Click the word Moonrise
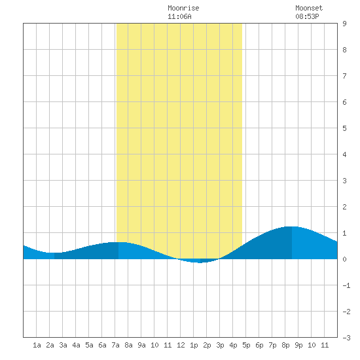click(x=183, y=8)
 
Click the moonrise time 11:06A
click(x=179, y=16)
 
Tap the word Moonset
click(x=309, y=8)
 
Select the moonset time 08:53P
click(x=307, y=16)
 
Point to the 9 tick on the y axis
click(x=344, y=24)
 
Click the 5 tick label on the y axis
click(x=344, y=128)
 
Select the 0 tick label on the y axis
click(x=344, y=259)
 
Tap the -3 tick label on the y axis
click(x=346, y=338)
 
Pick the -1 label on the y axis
click(x=346, y=285)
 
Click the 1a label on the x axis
click(x=37, y=345)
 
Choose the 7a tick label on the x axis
click(x=115, y=345)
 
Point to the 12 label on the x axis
click(x=181, y=345)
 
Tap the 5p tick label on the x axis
click(x=246, y=345)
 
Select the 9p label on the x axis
click(x=298, y=345)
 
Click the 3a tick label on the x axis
click(x=63, y=345)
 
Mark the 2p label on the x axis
click(x=207, y=345)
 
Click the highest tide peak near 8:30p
click(x=291, y=226)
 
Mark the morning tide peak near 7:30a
click(x=118, y=242)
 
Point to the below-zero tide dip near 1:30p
click(x=200, y=262)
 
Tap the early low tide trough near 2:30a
click(x=54, y=253)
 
